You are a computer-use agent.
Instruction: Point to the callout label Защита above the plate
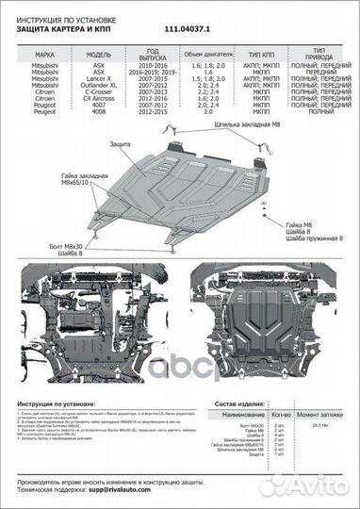pos(120,142)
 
